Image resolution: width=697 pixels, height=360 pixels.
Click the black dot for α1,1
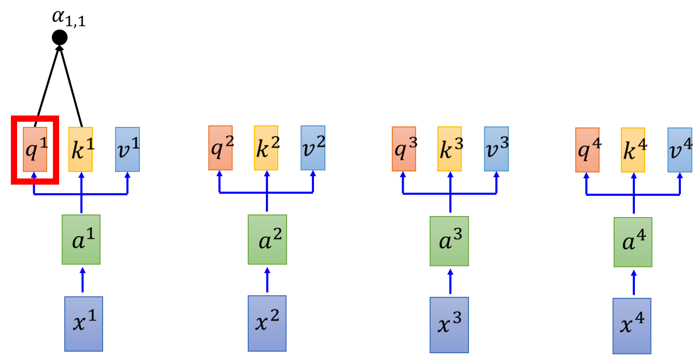pyautogui.click(x=60, y=37)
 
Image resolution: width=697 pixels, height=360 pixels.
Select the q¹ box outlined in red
pyautogui.click(x=35, y=149)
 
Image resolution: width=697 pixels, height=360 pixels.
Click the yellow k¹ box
pyautogui.click(x=81, y=149)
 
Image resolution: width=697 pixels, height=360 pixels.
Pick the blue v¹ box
pyautogui.click(x=127, y=149)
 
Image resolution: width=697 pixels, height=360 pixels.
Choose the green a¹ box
pyautogui.click(x=81, y=239)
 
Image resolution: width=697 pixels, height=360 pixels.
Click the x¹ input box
pyautogui.click(x=83, y=324)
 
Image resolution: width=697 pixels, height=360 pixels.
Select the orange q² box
pyautogui.click(x=220, y=147)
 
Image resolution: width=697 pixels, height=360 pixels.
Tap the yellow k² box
pyautogui.click(x=266, y=147)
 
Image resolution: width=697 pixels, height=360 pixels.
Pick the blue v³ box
pyautogui.click(x=497, y=148)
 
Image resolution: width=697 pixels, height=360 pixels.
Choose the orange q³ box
pyautogui.click(x=404, y=148)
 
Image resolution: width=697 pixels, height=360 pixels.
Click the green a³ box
pyautogui.click(x=449, y=241)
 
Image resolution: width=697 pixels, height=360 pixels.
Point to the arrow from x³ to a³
pyautogui.click(x=450, y=282)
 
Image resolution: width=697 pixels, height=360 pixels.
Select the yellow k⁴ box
pyautogui.click(x=633, y=150)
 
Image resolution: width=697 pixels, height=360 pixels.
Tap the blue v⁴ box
pyautogui.click(x=680, y=150)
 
